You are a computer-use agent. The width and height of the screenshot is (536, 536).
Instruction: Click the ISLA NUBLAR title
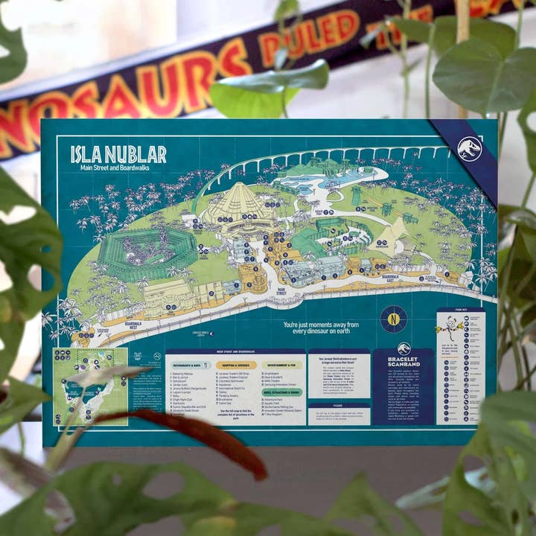(x=118, y=154)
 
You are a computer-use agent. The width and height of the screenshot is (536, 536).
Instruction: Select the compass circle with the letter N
(x=393, y=319)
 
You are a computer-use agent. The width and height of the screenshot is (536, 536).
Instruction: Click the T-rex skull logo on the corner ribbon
(x=469, y=149)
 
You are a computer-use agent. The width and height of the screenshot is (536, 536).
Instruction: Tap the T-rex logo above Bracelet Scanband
(x=403, y=348)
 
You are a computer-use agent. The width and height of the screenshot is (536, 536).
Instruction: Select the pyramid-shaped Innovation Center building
(x=237, y=205)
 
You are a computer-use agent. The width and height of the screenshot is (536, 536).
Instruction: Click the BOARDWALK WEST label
(x=133, y=325)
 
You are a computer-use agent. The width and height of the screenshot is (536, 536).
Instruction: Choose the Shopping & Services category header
(x=236, y=365)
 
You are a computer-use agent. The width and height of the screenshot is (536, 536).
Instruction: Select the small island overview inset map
(x=90, y=386)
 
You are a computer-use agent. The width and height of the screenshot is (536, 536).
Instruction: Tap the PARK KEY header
(x=460, y=310)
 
